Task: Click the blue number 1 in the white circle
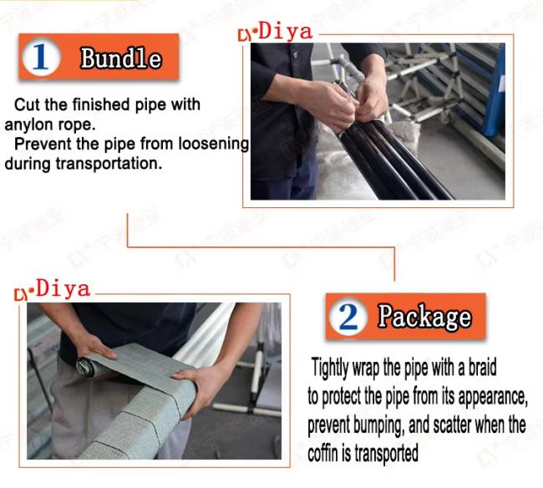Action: [40, 57]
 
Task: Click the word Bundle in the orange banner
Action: [121, 58]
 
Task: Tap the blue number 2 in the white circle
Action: [348, 317]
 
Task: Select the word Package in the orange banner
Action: [424, 316]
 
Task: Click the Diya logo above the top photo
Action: [276, 32]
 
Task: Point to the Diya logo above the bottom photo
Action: [53, 290]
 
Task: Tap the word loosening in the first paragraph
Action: [214, 144]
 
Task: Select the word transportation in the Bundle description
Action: [109, 164]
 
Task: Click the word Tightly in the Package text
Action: [330, 368]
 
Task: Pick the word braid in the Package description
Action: [482, 367]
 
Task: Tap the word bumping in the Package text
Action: [379, 425]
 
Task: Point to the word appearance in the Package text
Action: [493, 397]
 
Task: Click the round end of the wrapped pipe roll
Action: [85, 368]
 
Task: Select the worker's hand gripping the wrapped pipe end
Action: [197, 388]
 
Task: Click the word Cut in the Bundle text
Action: [27, 104]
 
